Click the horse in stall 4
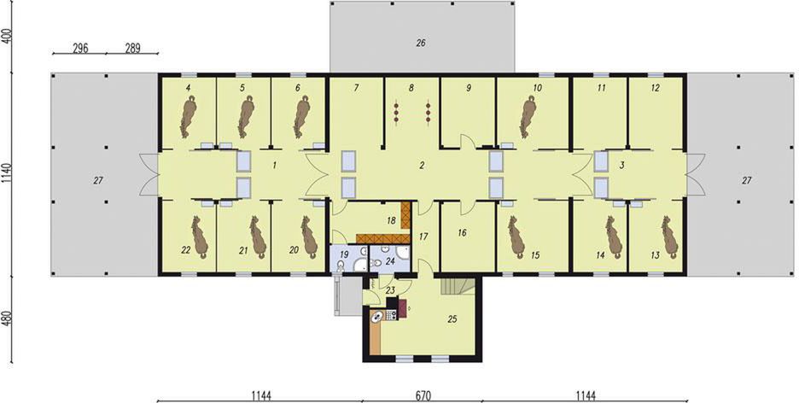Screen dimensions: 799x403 coord(188,117)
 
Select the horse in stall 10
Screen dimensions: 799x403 coord(528,117)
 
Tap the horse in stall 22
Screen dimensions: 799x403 coord(199,237)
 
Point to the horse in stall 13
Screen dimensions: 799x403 coord(669,237)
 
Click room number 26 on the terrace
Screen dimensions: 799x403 coord(420,44)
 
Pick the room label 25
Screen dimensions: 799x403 coord(452,319)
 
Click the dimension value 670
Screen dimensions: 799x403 coord(423,395)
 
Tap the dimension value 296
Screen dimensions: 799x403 coord(80,49)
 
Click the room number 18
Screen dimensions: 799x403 coord(391,220)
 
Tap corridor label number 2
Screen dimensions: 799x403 coord(422,165)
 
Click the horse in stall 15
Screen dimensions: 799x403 coord(516,237)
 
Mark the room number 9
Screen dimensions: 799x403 coord(468,88)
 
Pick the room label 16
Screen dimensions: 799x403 coord(462,233)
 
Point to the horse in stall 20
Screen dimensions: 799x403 coord(309,237)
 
